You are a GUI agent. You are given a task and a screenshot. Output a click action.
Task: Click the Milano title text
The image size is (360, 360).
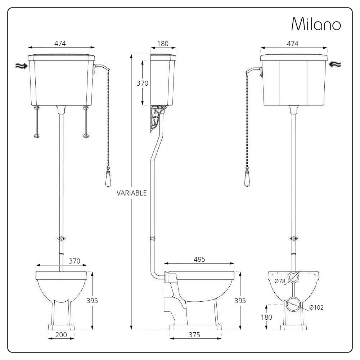click(316, 24)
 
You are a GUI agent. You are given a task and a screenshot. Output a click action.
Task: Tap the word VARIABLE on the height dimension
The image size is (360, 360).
click(131, 193)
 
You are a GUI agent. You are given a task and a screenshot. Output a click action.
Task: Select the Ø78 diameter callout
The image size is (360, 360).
click(280, 281)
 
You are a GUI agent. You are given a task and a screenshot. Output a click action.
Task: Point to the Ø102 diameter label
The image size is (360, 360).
click(316, 307)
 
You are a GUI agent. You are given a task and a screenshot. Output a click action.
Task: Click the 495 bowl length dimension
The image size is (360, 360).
click(199, 259)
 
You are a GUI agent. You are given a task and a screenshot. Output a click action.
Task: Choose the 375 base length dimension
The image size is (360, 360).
click(194, 335)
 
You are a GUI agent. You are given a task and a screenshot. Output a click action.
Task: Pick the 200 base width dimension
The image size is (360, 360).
click(61, 335)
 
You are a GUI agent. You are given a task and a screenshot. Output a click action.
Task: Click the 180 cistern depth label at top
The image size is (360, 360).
click(163, 44)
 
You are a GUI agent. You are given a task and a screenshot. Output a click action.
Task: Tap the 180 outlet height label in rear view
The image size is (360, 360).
click(266, 317)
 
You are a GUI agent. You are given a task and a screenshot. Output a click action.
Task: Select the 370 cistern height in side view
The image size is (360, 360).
click(142, 83)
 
